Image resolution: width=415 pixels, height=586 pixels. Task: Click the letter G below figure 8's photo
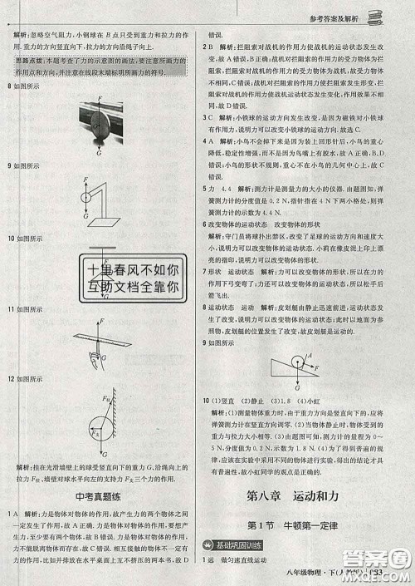(x=100, y=153)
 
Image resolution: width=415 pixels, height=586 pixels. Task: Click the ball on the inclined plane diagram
(x=297, y=359)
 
